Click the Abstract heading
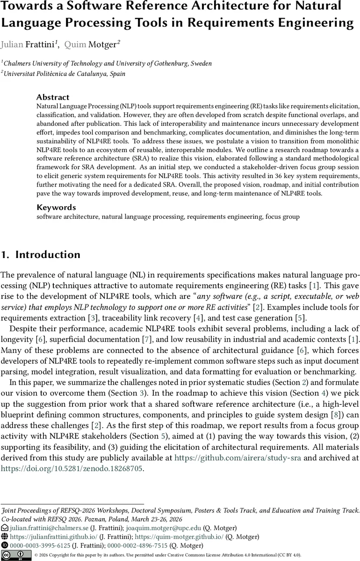[53, 97]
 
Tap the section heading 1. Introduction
[41, 255]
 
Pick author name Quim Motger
[92, 44]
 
